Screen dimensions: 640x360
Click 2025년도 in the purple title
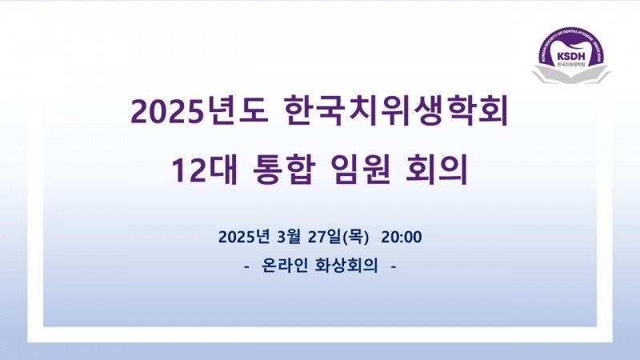(x=199, y=111)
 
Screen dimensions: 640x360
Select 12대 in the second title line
(x=204, y=170)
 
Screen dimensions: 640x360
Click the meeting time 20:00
(x=402, y=237)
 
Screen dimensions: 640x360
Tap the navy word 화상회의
(x=346, y=266)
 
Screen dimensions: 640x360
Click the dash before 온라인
(x=246, y=267)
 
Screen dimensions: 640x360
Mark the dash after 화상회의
(x=394, y=267)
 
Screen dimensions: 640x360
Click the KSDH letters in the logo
(x=570, y=56)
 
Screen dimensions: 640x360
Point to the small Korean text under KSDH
(x=570, y=65)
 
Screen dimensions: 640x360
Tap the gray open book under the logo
(x=570, y=74)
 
